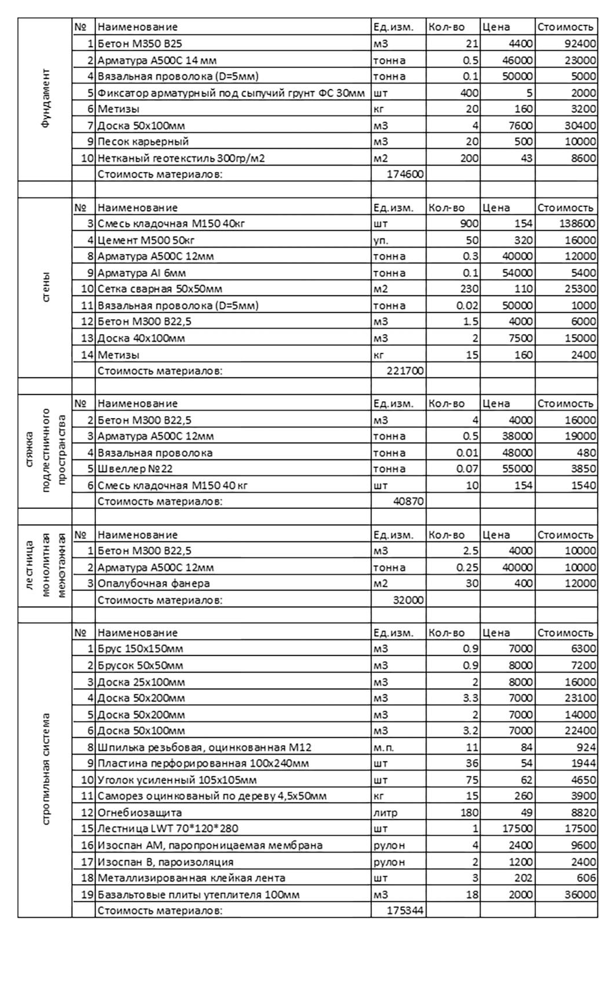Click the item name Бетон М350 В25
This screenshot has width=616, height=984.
[140, 44]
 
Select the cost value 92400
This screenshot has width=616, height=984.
[579, 44]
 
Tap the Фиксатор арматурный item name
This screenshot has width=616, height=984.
[231, 93]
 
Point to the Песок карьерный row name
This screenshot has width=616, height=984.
[143, 141]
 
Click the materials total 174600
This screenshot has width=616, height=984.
[405, 174]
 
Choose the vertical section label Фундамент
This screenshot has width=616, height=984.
[46, 99]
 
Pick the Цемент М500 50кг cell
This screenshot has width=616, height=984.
[146, 240]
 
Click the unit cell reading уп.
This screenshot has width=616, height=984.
[381, 240]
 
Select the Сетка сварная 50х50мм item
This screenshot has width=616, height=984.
[160, 289]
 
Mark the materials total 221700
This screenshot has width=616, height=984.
[405, 370]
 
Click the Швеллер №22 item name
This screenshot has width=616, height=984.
[135, 469]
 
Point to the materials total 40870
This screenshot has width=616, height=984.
[408, 501]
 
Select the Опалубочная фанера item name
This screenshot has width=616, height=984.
[154, 583]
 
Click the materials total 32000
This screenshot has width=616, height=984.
[408, 600]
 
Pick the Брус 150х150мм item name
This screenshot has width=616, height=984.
[140, 649]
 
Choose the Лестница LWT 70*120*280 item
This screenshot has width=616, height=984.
[168, 829]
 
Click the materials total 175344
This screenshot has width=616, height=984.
[405, 911]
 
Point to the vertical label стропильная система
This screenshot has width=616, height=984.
[46, 769]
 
